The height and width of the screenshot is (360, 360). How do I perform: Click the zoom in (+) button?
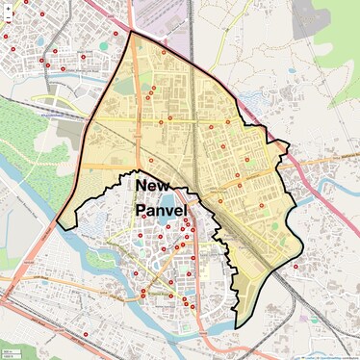[8, 7]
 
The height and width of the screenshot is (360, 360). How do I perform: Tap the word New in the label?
[151, 185]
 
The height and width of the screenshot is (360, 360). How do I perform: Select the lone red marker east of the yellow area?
[296, 267]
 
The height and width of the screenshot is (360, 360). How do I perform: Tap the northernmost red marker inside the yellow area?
[164, 52]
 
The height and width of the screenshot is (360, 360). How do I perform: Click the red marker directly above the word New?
[151, 160]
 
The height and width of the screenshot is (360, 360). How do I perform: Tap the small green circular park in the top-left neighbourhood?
[103, 45]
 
